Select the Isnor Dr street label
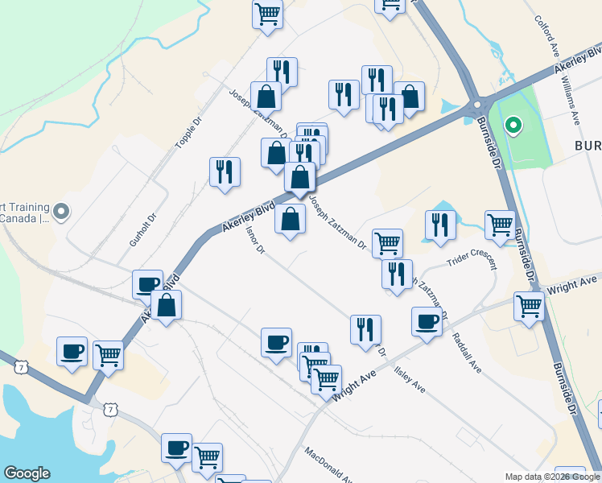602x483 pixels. click(x=255, y=240)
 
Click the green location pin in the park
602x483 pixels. click(x=513, y=126)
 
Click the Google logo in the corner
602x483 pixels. click(x=27, y=473)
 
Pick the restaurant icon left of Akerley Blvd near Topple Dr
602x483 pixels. click(x=225, y=171)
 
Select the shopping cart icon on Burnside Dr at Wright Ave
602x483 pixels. click(x=529, y=306)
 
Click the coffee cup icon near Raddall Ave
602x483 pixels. click(x=427, y=321)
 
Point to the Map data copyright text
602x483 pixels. click(x=552, y=477)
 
